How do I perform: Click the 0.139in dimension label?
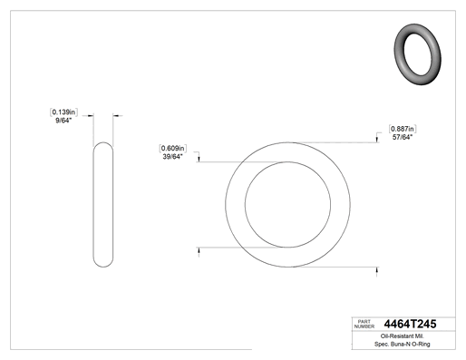pyautogui.click(x=63, y=112)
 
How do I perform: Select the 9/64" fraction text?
pyautogui.click(x=63, y=121)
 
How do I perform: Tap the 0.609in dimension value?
pyautogui.click(x=172, y=149)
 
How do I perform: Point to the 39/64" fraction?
pyautogui.click(x=172, y=157)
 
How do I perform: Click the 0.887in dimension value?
pyautogui.click(x=403, y=129)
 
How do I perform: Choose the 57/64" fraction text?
pyautogui.click(x=403, y=137)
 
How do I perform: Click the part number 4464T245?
pyautogui.click(x=410, y=324)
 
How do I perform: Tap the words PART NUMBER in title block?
pyautogui.click(x=364, y=324)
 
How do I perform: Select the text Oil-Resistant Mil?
pyautogui.click(x=403, y=336)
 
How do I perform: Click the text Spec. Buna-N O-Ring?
pyautogui.click(x=403, y=344)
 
